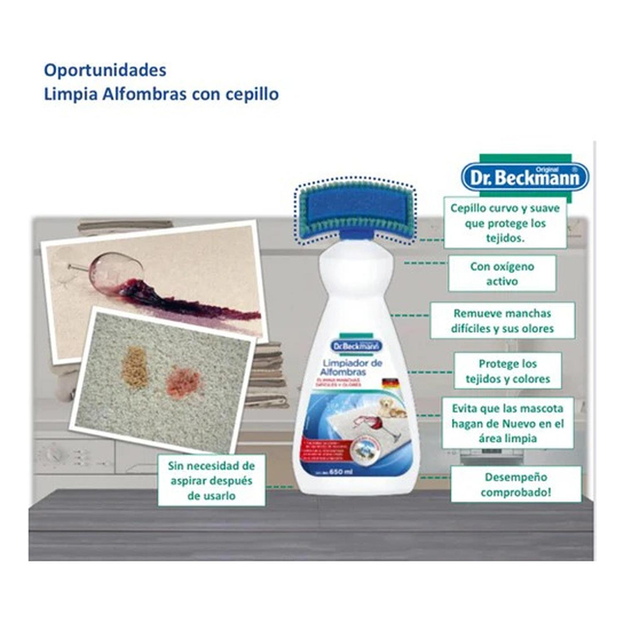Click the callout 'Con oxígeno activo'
pos(502,274)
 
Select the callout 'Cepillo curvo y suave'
pos(505,223)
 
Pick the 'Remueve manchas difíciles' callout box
pos(502,321)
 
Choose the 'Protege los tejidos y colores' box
pos(507,371)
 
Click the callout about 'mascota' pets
pos(507,423)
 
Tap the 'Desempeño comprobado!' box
pos(515,484)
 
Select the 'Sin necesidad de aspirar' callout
pos(211,480)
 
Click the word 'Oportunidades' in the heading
pos(105,70)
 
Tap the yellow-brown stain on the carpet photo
pos(135,367)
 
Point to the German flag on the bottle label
pos(389,383)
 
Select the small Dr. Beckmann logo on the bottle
pos(356,346)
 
